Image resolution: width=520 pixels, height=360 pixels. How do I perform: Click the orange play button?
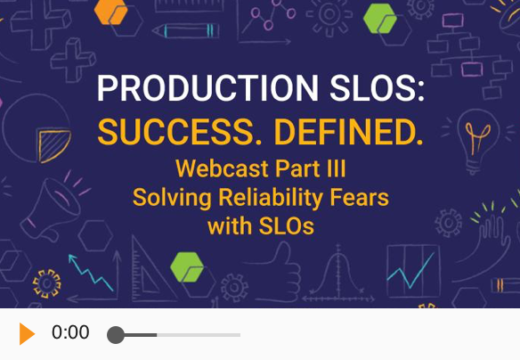27,333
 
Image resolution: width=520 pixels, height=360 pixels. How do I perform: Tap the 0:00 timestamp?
70,332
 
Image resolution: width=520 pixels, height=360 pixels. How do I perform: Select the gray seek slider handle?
116,335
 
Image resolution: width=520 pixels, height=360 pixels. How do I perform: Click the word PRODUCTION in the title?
208,88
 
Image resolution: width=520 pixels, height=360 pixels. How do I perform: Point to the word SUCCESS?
179,132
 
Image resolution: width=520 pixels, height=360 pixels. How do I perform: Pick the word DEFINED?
348,132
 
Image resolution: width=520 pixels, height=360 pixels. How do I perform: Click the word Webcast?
222,168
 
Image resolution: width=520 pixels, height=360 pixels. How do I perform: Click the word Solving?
172,198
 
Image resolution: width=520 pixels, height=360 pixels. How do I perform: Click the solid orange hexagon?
110,12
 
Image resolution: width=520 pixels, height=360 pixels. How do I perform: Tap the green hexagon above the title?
380,19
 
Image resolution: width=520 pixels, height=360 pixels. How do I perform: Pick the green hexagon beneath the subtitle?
187,267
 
